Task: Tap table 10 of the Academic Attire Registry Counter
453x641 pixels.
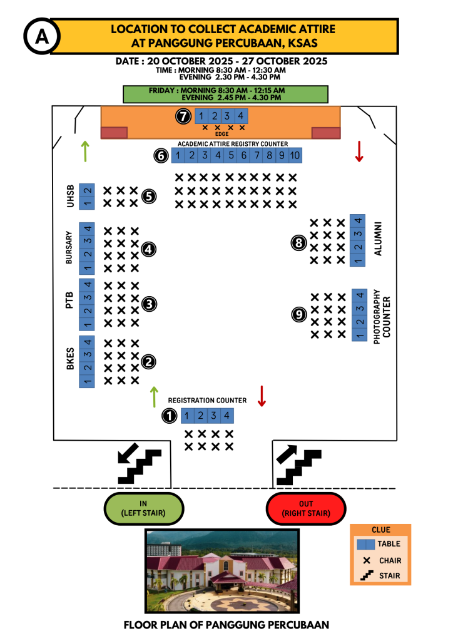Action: coord(295,155)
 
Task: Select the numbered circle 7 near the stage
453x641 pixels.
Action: coord(183,116)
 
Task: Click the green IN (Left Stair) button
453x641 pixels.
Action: coord(144,508)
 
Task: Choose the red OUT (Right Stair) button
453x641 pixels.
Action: coord(306,508)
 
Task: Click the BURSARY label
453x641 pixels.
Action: coord(69,249)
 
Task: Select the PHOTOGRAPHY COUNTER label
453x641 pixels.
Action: coord(381,314)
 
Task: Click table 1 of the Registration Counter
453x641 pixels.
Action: coord(188,415)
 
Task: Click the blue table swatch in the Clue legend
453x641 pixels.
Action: coord(365,544)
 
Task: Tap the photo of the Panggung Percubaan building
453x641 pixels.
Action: coord(221,572)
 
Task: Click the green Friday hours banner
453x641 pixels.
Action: coord(226,94)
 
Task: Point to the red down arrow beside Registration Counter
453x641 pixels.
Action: coord(262,396)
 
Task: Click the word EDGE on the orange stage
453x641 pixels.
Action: coord(222,134)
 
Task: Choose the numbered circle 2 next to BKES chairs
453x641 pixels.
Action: coord(149,361)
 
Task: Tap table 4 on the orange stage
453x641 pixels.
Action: coord(240,116)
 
